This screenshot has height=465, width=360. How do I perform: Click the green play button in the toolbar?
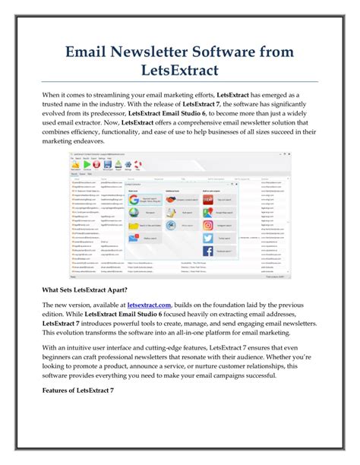(86, 163)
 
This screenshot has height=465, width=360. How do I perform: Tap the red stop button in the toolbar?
(96, 163)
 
